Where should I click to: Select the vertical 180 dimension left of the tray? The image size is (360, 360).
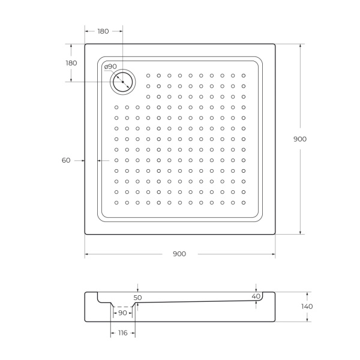click(71, 63)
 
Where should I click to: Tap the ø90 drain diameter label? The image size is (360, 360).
click(110, 67)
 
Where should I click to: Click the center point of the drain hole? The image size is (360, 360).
click(122, 81)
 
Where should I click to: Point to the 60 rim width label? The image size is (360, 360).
click(66, 160)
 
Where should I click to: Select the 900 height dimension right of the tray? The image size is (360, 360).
click(300, 139)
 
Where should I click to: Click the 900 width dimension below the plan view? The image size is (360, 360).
click(179, 254)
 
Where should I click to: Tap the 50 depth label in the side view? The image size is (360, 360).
click(138, 297)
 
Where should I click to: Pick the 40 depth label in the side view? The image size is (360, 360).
click(256, 296)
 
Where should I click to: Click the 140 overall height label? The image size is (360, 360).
click(307, 306)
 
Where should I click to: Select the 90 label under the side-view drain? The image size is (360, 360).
click(122, 313)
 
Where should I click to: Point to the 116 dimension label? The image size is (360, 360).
click(122, 333)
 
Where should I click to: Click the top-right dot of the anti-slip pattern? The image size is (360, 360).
click(244, 76)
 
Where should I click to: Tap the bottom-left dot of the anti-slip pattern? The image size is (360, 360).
click(116, 202)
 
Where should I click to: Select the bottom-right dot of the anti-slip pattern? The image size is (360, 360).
click(244, 202)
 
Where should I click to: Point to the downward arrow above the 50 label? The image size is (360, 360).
click(138, 290)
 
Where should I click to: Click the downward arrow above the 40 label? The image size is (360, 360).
click(256, 289)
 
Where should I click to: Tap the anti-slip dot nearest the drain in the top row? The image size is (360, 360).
click(148, 76)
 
